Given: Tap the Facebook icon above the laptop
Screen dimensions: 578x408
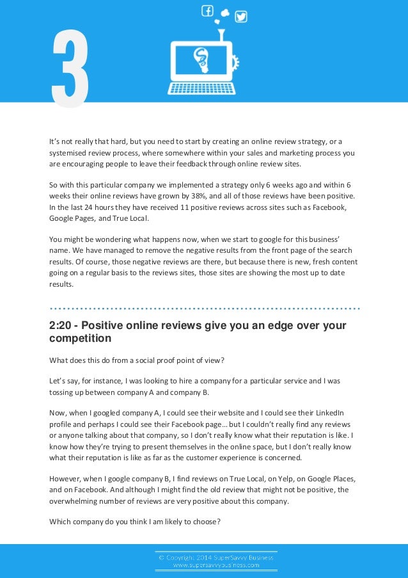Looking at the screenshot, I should [207, 11].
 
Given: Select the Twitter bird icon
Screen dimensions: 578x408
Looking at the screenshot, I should [241, 17].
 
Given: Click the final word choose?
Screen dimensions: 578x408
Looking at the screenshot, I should [206, 521].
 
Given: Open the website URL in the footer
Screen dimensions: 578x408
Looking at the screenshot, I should [217, 565].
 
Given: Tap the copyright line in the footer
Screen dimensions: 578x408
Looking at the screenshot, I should [217, 557].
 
